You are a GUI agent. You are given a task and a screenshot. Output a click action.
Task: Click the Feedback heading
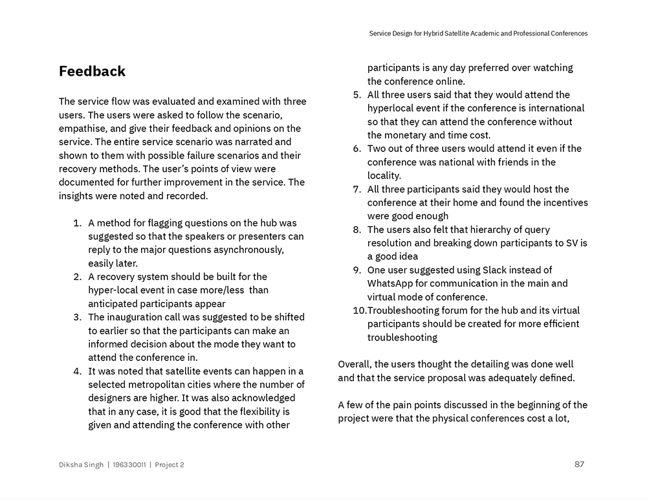(x=92, y=71)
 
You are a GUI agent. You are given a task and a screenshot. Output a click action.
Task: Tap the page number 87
(x=579, y=464)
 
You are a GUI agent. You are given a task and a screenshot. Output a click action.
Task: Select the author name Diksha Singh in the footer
(x=81, y=464)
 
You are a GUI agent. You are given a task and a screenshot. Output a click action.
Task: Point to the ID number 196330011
(x=129, y=464)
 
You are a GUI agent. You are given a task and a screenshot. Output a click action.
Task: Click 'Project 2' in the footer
(x=170, y=464)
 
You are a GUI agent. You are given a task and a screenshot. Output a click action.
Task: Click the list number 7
(x=356, y=189)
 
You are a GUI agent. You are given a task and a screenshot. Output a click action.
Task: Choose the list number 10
(x=359, y=310)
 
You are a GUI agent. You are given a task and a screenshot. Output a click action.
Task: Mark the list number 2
(x=77, y=276)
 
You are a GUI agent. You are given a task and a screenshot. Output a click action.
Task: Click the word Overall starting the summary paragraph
(x=355, y=364)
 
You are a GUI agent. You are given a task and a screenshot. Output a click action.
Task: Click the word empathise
(x=82, y=128)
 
